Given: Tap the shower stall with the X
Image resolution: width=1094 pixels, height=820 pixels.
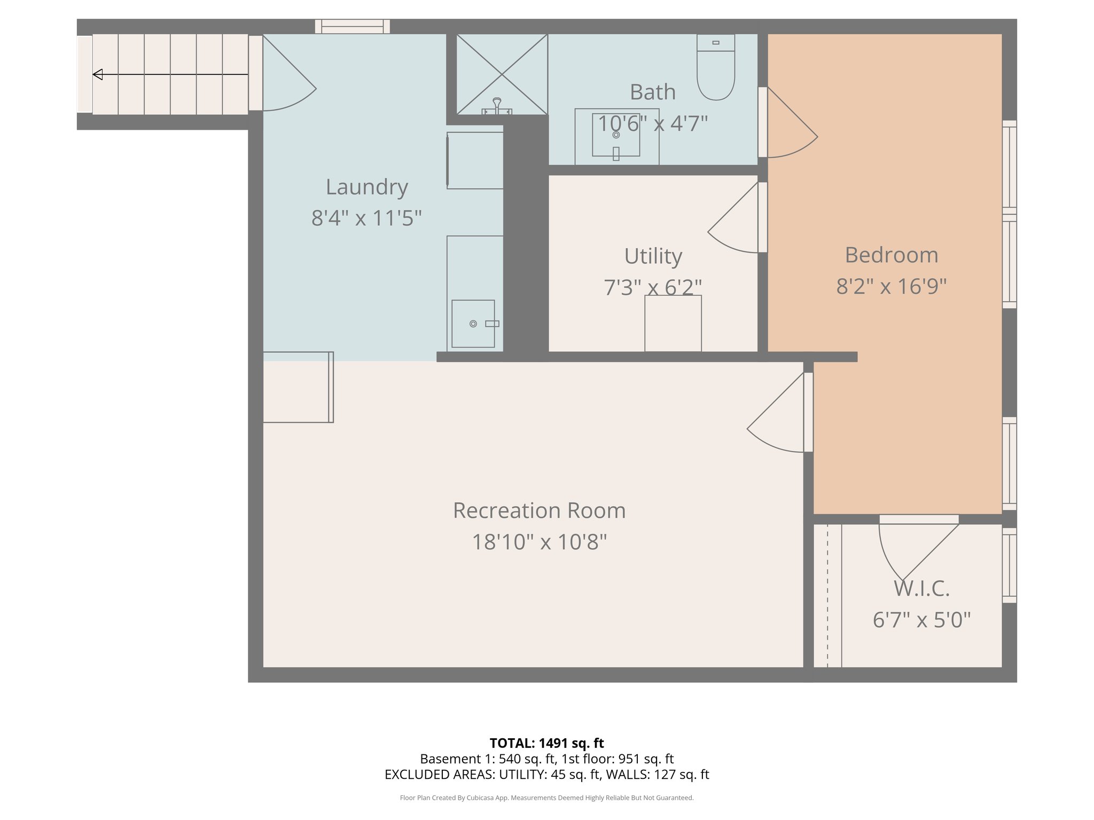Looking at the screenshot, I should (502, 74).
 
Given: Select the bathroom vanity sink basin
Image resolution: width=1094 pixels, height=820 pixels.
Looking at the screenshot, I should (616, 135).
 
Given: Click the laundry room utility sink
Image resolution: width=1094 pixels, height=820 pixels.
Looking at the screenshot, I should (473, 324).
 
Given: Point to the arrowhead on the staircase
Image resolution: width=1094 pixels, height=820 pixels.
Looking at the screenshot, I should (98, 75).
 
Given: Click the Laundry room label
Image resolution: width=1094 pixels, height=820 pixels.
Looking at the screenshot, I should (367, 187).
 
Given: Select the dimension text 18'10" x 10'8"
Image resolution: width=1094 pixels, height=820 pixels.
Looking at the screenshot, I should (539, 542).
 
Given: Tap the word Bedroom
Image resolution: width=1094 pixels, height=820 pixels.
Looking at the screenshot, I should (891, 255).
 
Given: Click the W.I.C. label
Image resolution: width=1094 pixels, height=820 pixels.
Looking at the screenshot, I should (921, 589).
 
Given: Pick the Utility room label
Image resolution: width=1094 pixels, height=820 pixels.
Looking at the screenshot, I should (653, 256).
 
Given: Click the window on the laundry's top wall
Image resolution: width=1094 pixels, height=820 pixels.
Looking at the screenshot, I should (353, 26).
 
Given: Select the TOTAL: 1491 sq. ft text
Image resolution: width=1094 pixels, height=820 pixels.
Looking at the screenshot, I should (546, 743).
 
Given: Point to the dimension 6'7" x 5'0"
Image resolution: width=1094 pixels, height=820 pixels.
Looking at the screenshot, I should (921, 620).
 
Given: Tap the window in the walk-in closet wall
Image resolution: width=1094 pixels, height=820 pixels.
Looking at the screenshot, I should (1009, 565).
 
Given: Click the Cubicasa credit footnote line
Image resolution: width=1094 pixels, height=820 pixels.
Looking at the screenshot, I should (546, 798).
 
